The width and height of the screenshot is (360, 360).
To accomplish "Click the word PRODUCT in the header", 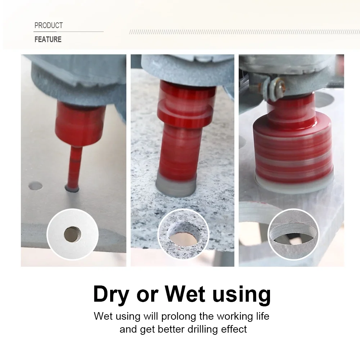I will [x=49, y=26].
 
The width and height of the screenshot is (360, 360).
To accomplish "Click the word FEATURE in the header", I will [x=48, y=39].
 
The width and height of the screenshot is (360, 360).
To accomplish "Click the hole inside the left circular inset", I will [x=72, y=235].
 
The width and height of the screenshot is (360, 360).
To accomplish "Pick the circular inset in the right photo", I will [x=293, y=234].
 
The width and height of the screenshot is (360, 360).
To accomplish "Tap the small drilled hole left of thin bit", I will [x=35, y=186].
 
